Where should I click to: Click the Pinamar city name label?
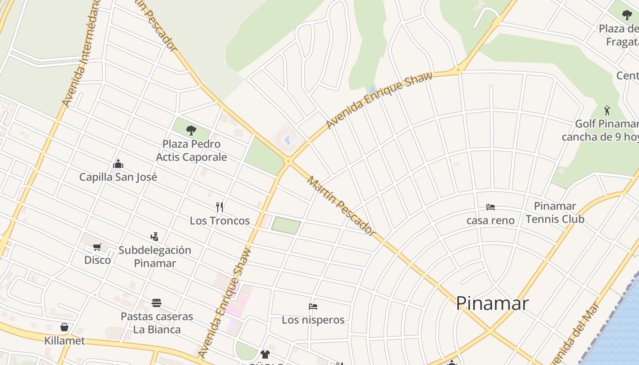coord(492,303)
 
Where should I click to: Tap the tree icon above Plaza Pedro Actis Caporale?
coord(191,130)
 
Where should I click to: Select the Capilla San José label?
coord(118,177)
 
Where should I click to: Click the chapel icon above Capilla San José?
coord(118,164)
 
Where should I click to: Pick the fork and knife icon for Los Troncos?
coord(220,207)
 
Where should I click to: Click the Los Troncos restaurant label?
coord(220,221)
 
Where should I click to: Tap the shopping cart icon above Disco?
coord(97,247)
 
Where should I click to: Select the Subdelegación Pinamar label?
coord(155,256)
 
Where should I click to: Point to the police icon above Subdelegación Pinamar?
coord(155,236)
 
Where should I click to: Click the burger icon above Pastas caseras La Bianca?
coord(157,303)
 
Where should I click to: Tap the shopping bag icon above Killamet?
coord(64,327)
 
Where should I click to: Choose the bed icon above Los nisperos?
coord(313,306)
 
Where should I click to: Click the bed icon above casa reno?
coord(491,207)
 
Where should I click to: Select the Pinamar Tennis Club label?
coord(555,213)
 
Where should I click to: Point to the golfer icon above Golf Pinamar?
coord(607,110)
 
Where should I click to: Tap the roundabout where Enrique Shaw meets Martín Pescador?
coord(288,161)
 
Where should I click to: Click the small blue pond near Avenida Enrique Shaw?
coord(373,89)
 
